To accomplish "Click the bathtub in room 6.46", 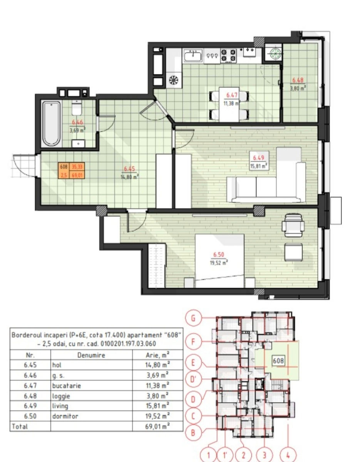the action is coord(51,124).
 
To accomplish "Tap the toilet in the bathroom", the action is coord(77,108).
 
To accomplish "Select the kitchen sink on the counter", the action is coord(193,56).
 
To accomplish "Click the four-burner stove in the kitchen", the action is coord(229,55).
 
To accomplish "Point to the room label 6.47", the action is coord(231,95).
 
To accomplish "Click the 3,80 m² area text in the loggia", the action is coord(298,88).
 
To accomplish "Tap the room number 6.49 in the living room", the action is coord(258,158).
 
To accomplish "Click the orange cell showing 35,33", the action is coord(77,167).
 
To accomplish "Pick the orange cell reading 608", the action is coord(64,167).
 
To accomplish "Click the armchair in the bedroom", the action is coord(293,226).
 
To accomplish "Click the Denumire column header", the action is coord(91,355).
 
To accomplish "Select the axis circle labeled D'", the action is coord(193,379).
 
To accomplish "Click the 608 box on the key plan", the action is coord(278,361).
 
